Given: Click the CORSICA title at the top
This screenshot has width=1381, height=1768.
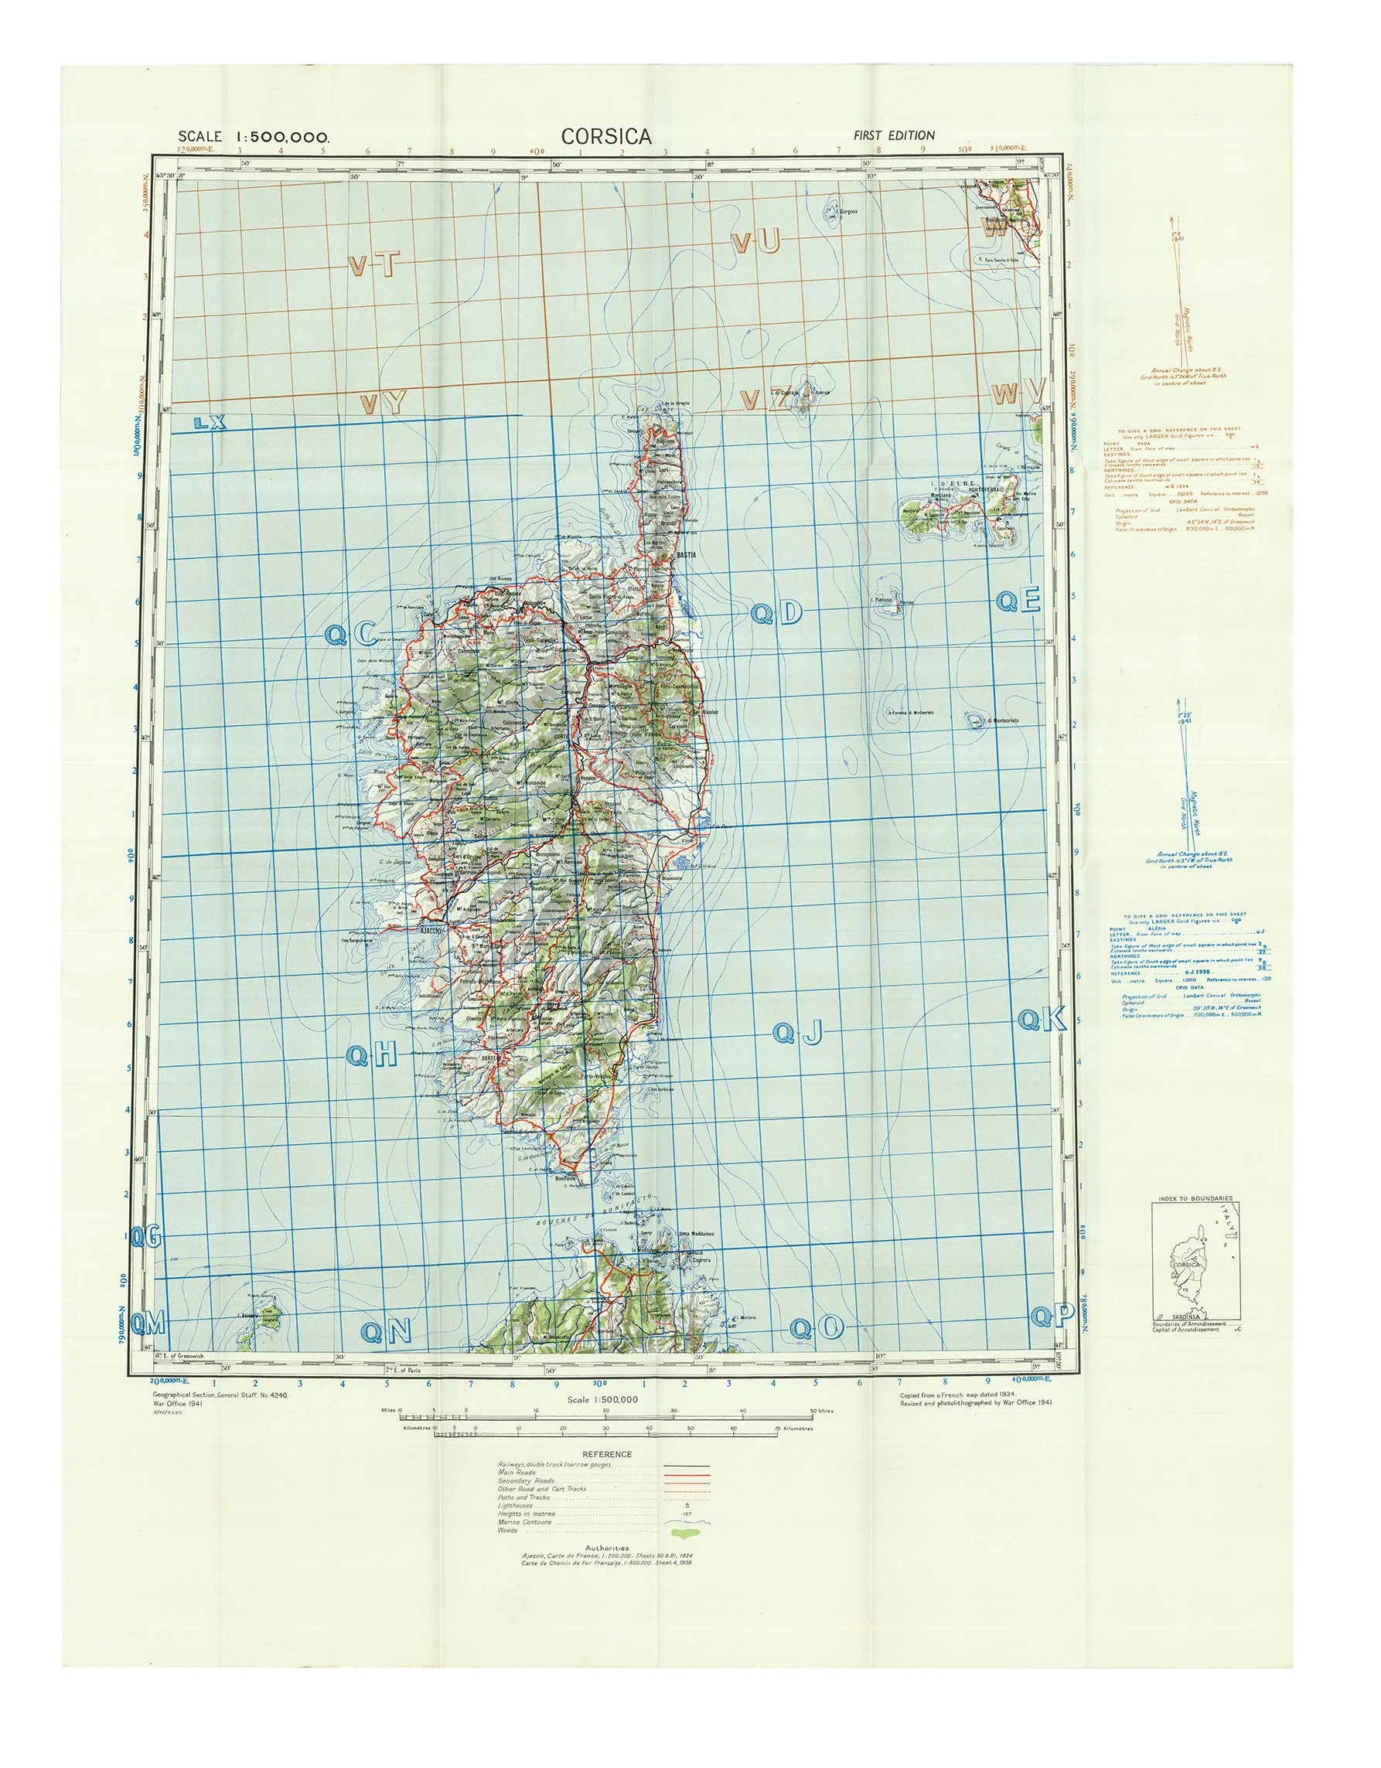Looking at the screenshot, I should (605, 136).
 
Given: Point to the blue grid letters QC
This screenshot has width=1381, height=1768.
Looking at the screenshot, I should (349, 635).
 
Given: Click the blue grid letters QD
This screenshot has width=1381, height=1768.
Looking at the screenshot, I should (776, 615).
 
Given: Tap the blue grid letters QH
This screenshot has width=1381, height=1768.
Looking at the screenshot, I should (373, 1054).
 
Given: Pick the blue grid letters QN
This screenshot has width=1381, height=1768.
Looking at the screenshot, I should (386, 1331).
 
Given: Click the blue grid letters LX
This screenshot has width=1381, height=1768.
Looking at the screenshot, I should (210, 422).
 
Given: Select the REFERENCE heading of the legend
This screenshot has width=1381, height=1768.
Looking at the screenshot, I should (607, 1454).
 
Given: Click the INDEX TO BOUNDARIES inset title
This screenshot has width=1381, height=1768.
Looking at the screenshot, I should (1195, 1198).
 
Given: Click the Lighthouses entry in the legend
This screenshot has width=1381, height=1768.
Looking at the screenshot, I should (516, 1506).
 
